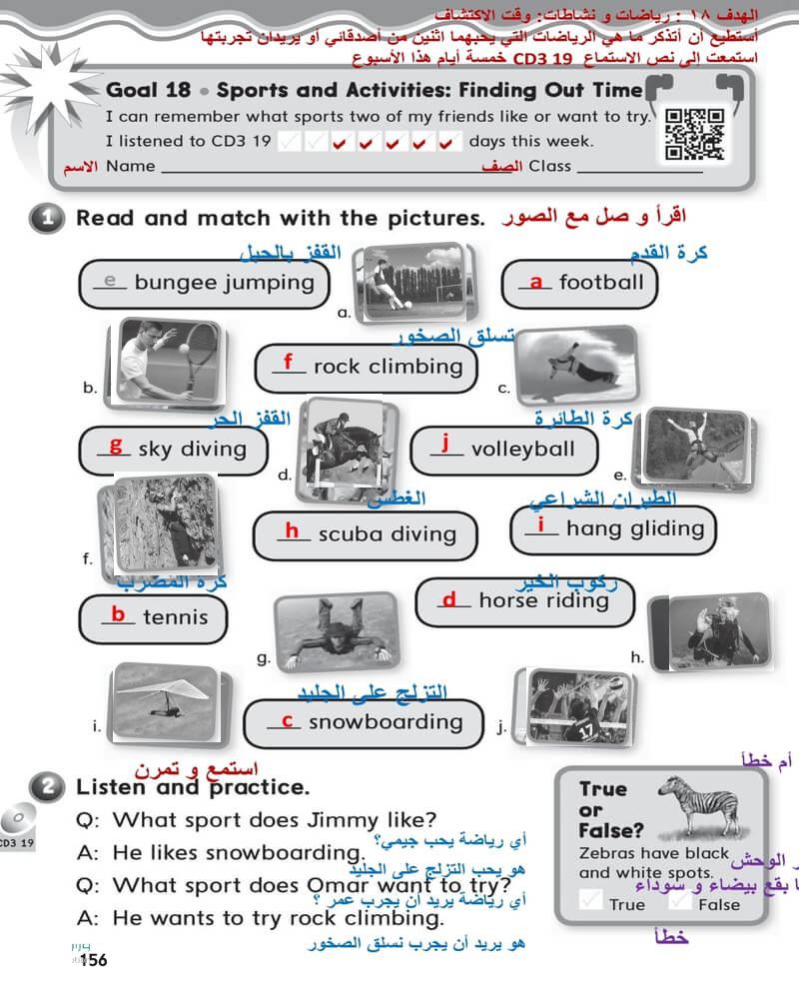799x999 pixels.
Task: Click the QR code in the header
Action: pos(694,133)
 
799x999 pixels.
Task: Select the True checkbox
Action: pos(591,901)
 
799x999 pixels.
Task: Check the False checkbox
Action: pos(680,901)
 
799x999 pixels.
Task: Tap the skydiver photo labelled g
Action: pos(335,632)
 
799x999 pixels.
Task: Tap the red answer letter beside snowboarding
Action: pos(287,720)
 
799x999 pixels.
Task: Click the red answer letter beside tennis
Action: pos(118,615)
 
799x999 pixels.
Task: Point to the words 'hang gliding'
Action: pos(634,528)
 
